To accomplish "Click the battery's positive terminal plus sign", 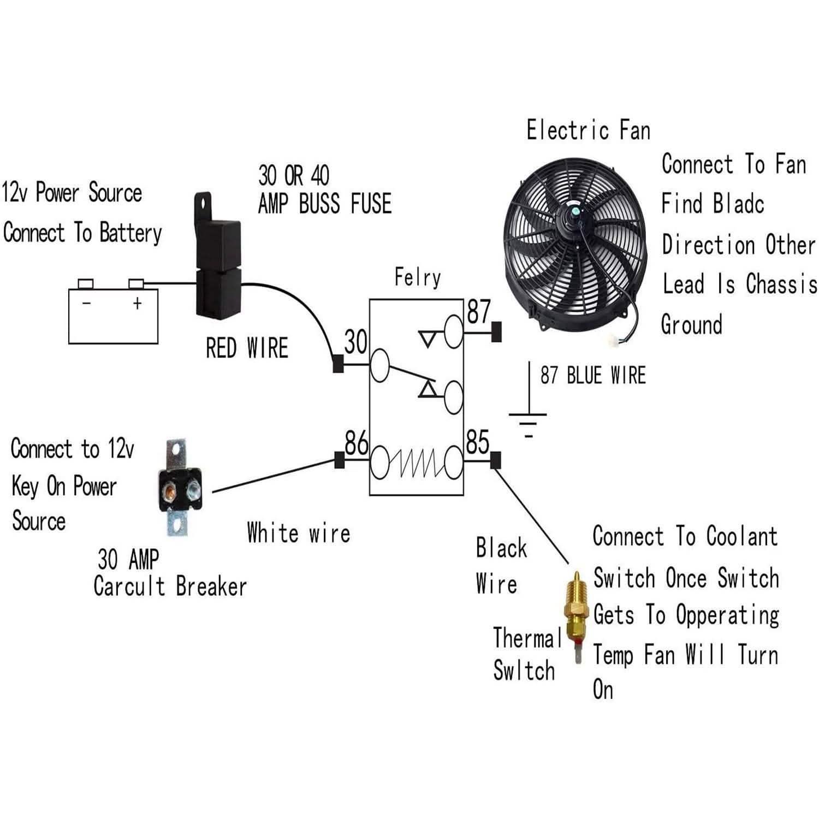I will [x=137, y=303].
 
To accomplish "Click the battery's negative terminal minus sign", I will [x=86, y=303].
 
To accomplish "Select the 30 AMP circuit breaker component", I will [x=179, y=488].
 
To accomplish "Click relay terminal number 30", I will [x=355, y=342].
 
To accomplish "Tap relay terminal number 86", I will [x=356, y=443].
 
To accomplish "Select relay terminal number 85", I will [x=477, y=443].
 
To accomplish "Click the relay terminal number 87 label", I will [x=479, y=312].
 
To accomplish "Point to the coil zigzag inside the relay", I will [x=417, y=462].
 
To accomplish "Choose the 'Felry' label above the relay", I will [x=417, y=278].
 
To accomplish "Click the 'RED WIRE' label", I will [x=247, y=348].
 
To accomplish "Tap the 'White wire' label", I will [x=298, y=533].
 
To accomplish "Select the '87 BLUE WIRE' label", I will [x=593, y=376].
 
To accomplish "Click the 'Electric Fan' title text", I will [x=588, y=130].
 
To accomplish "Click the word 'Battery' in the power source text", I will [x=130, y=233].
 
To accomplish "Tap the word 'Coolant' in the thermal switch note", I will [x=741, y=536].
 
